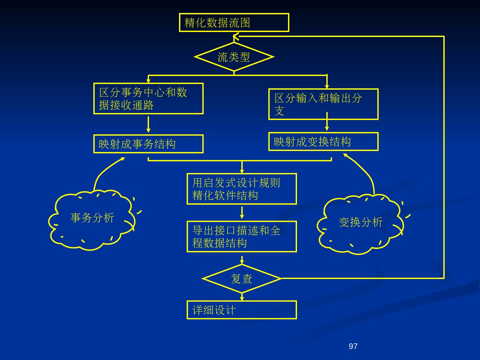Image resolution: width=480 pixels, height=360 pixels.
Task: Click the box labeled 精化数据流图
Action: [x=234, y=23]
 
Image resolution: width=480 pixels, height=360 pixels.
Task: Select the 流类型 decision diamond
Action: [x=234, y=57]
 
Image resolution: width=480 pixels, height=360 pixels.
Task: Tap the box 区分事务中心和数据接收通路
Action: [x=148, y=99]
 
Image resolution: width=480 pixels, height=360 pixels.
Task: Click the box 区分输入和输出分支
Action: [x=323, y=104]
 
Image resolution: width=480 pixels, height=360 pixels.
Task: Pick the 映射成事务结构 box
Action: [x=148, y=144]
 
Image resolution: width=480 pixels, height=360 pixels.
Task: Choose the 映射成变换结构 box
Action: [x=323, y=142]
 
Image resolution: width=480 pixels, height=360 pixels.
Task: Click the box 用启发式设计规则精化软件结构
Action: [x=242, y=189]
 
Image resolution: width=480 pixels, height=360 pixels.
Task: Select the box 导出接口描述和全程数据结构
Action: [x=242, y=237]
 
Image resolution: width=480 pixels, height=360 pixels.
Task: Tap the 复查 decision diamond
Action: [x=242, y=279]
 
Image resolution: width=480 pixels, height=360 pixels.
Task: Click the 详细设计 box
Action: [x=242, y=310]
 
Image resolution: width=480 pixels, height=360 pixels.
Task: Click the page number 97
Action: [x=353, y=346]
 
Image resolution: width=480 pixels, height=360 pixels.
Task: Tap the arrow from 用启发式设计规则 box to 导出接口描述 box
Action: [x=242, y=213]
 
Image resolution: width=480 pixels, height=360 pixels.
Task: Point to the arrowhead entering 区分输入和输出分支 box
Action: [x=327, y=86]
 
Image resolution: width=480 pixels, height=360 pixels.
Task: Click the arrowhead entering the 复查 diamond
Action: [x=242, y=262]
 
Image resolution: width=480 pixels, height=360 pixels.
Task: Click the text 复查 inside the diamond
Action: [x=242, y=279]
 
